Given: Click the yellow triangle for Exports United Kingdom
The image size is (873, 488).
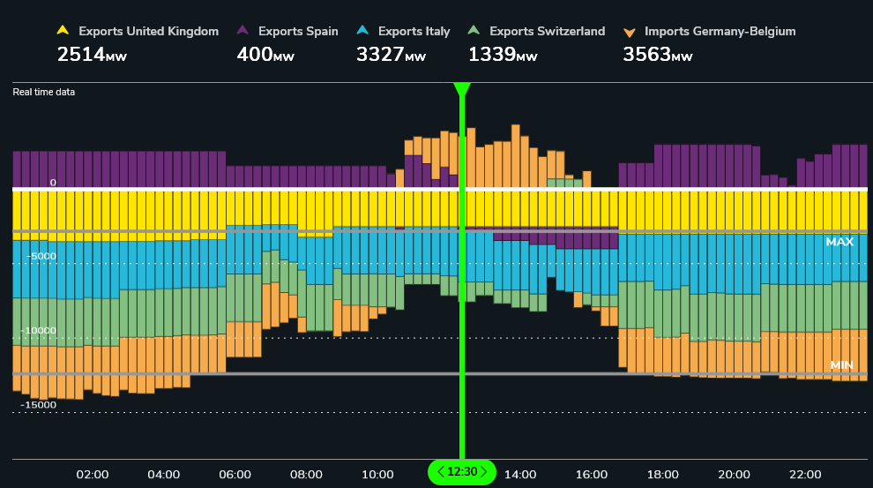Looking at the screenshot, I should (63, 31).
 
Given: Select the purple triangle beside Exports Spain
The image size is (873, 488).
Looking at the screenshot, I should (242, 31).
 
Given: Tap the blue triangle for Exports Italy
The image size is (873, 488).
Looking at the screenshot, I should (362, 31).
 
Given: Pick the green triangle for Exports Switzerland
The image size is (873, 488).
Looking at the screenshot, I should (474, 31).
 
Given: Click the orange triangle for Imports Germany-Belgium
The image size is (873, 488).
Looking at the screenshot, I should (629, 32).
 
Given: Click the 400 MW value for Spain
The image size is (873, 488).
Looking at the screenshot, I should (265, 55).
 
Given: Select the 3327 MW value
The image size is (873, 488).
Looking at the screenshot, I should (391, 55).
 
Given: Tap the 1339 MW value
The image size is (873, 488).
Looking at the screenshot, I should (502, 55).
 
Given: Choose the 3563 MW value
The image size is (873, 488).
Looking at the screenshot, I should (657, 55).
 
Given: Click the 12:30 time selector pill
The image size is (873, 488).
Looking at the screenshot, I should (462, 472).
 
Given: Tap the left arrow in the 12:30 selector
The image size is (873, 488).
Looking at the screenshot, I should (441, 472).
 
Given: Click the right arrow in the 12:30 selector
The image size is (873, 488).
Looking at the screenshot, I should (483, 472).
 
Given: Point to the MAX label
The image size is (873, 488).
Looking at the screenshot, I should (839, 241).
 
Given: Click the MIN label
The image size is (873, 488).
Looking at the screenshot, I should (841, 364).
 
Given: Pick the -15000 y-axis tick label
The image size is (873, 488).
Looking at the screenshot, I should (38, 405).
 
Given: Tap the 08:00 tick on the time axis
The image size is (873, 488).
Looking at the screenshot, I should (306, 475).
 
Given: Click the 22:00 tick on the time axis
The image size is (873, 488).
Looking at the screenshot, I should (805, 475).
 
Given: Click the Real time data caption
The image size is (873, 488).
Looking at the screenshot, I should (43, 92).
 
